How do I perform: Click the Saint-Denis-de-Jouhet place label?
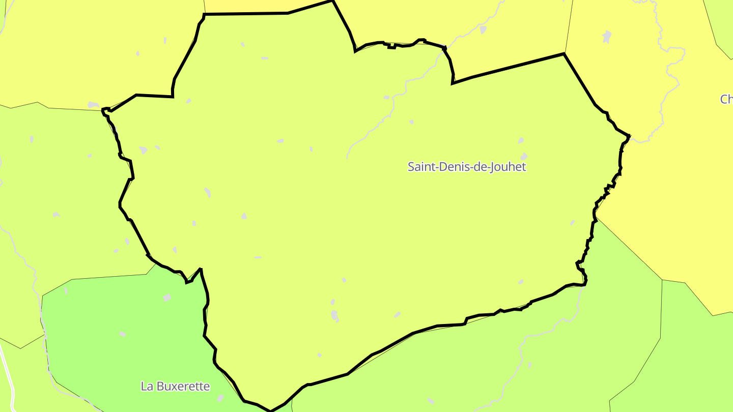coord(466,167)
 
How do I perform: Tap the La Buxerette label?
coord(175,387)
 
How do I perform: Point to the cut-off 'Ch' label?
coord(726,99)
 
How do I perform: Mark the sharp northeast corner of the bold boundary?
coord(564,53)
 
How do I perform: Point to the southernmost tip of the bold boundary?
coord(270,410)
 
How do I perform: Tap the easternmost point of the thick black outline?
coord(630,136)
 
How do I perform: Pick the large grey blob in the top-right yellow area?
coord(606,37)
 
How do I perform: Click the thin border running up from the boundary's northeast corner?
coord(569,25)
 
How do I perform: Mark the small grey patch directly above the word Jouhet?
coord(523,156)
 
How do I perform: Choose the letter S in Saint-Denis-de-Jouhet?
coord(411,167)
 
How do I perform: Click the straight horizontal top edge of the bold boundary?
coord(244,14)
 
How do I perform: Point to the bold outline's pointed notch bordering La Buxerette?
coord(200,269)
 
